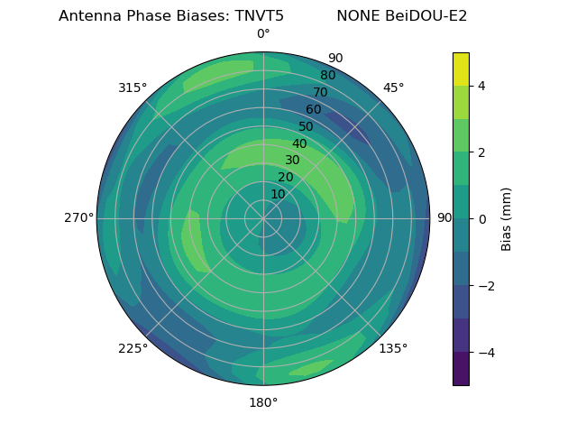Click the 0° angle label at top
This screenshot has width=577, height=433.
pos(263,34)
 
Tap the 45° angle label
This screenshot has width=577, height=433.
pos(393,88)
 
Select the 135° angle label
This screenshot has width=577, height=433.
pos(393,348)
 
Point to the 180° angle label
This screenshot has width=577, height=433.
pos(263,402)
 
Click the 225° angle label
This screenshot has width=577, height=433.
pos(133,349)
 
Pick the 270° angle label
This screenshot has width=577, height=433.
pos(78,217)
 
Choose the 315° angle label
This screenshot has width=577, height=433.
pos(133,88)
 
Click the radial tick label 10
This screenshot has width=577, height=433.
pos(278,194)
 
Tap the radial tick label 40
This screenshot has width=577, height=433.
pos(299,143)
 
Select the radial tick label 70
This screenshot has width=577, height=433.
pos(320,92)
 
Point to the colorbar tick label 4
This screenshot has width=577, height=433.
pos(482,86)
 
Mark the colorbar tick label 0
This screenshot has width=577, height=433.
pos(482,218)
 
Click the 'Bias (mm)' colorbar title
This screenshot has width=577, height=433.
pos(507,218)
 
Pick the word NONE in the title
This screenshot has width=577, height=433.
pos(358,15)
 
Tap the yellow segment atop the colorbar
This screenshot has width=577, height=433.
pos(461,69)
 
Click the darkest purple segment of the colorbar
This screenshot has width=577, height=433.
pos(461,368)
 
